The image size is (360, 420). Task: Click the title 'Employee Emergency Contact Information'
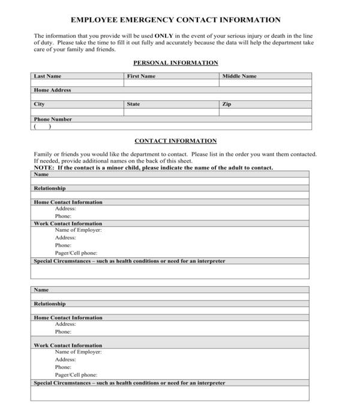pyautogui.click(x=176, y=20)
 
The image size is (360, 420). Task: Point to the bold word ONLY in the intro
pyautogui.click(x=164, y=36)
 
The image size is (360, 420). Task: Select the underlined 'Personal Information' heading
pyautogui.click(x=175, y=63)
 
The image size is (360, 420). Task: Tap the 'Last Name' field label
pyautogui.click(x=47, y=76)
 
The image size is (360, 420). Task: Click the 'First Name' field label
pyautogui.click(x=141, y=76)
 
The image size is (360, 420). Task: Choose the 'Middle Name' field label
pyautogui.click(x=239, y=76)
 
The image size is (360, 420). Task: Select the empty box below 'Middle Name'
pyautogui.click(x=265, y=83)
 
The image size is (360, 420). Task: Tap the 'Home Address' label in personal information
pyautogui.click(x=52, y=90)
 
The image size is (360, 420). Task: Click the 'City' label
pyautogui.click(x=39, y=104)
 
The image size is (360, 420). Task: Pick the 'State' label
pyautogui.click(x=133, y=104)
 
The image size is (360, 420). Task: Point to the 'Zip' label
pyautogui.click(x=227, y=104)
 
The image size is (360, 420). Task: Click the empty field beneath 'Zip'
pyautogui.click(x=265, y=112)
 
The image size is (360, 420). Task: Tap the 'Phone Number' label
pyautogui.click(x=53, y=119)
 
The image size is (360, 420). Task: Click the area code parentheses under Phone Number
pyautogui.click(x=43, y=127)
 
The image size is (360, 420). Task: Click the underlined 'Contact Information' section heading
pyautogui.click(x=175, y=141)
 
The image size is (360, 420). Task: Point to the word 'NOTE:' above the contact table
pyautogui.click(x=44, y=168)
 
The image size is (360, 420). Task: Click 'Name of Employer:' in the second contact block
pyautogui.click(x=78, y=352)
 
